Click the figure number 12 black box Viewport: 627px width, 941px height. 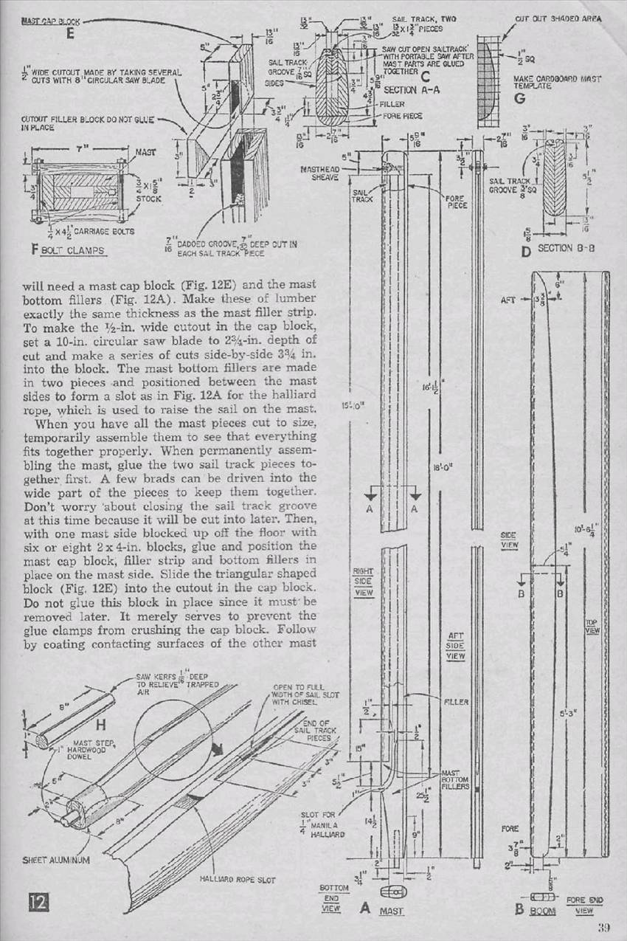coord(38,901)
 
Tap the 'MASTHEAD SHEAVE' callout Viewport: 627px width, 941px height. coord(320,173)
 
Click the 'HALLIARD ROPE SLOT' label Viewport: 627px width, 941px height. coord(232,878)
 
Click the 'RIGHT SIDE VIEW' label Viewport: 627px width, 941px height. coord(363,582)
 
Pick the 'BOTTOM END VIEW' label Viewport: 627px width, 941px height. coord(333,898)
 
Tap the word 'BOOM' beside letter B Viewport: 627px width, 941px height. coord(543,911)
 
